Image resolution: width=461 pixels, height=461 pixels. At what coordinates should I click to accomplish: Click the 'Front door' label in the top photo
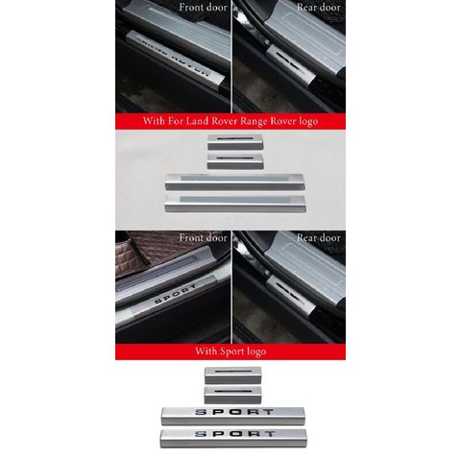click(203, 7)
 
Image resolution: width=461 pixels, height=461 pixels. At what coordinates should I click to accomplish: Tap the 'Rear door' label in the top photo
click(319, 7)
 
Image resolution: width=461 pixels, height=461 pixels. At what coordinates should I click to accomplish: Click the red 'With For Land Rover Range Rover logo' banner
click(230, 121)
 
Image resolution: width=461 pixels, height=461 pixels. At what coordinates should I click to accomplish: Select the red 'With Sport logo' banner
click(230, 352)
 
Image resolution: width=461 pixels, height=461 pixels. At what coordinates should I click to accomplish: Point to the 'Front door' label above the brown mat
click(203, 237)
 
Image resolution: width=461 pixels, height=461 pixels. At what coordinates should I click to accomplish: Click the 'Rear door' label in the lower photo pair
click(319, 237)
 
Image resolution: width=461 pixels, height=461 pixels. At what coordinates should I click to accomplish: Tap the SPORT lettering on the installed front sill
click(176, 294)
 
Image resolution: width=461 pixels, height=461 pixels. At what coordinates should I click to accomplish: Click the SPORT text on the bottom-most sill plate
click(235, 434)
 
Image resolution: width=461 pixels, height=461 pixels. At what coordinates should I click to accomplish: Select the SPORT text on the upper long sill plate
click(234, 412)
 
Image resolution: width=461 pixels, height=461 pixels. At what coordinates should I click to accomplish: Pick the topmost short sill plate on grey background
click(235, 142)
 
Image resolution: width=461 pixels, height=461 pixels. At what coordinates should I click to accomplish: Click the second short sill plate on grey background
click(235, 161)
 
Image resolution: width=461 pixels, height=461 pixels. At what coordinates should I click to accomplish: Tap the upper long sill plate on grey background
click(234, 182)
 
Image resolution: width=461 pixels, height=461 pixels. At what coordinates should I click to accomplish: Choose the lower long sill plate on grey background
click(235, 204)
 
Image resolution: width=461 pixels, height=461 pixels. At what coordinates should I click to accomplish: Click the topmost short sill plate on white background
click(233, 376)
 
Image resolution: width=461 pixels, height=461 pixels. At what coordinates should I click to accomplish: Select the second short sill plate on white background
click(233, 395)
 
